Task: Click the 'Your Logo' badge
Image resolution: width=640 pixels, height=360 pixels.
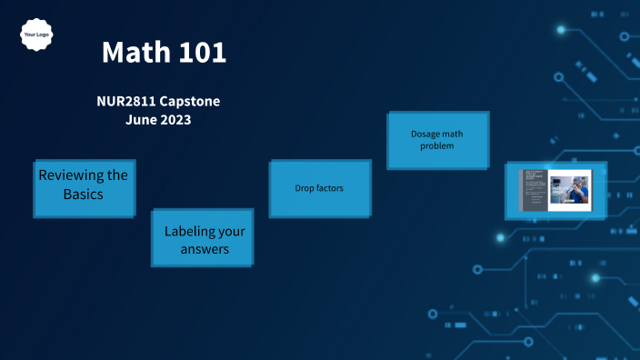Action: click(35, 35)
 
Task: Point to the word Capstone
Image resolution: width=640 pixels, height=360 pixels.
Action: click(190, 101)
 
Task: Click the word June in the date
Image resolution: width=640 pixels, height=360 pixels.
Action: click(141, 119)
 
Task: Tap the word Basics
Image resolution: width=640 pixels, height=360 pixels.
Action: click(83, 195)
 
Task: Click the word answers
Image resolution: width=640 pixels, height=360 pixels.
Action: click(205, 249)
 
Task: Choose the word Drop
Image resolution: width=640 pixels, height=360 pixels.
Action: click(305, 189)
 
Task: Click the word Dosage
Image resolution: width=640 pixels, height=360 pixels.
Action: click(426, 134)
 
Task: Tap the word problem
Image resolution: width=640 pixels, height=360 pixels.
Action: click(436, 145)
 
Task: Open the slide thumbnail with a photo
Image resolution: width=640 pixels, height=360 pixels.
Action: click(555, 191)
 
